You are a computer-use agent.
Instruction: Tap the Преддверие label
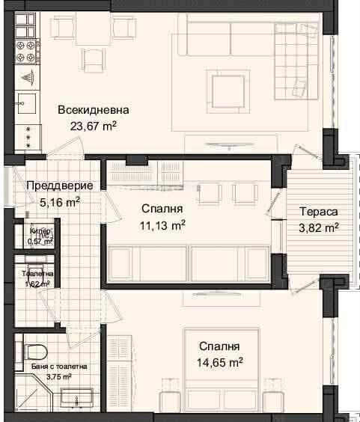click(59, 186)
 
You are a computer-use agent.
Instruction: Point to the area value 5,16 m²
click(53, 201)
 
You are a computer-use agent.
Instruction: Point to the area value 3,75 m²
click(57, 377)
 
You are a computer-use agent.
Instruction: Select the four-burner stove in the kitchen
click(25, 52)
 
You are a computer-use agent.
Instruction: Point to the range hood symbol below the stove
click(27, 77)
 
